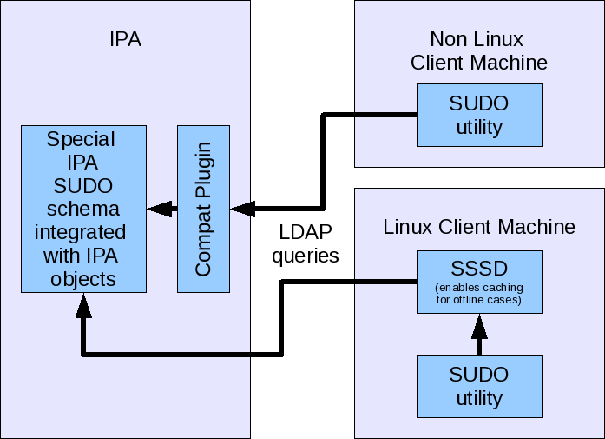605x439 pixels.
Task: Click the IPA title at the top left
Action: [x=125, y=39]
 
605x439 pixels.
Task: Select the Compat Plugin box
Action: [x=204, y=209]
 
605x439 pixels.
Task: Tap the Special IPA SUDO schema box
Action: [x=83, y=209]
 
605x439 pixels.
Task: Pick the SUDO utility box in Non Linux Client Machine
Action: [x=479, y=115]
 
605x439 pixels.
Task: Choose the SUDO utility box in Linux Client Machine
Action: [x=479, y=386]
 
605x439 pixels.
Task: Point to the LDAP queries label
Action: [x=305, y=244]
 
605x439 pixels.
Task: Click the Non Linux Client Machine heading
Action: [x=479, y=50]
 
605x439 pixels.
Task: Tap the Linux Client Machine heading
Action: [x=479, y=227]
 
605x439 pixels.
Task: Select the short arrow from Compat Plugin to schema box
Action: [x=162, y=209]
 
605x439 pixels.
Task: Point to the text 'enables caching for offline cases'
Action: [x=479, y=294]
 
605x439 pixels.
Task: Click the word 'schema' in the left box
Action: [x=83, y=210]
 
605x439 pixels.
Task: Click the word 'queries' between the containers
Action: [x=305, y=256]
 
